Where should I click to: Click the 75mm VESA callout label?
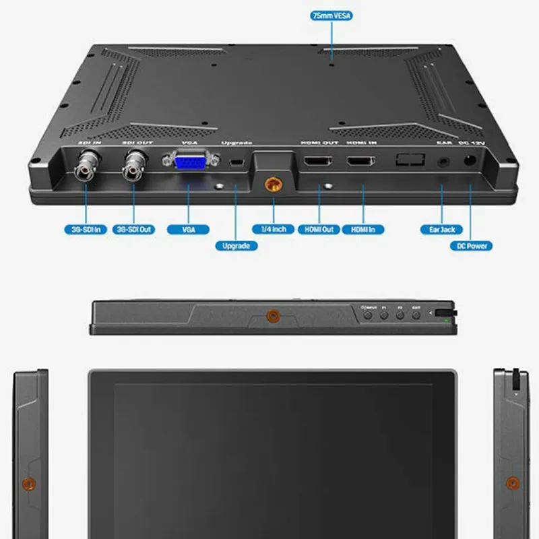pyautogui.click(x=332, y=15)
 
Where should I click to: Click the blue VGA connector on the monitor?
pyautogui.click(x=190, y=163)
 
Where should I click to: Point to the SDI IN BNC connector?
pyautogui.click(x=86, y=165)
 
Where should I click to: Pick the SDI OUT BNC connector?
pyautogui.click(x=134, y=165)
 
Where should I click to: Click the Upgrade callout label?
pyautogui.click(x=236, y=246)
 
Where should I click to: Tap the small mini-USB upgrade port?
pyautogui.click(x=236, y=162)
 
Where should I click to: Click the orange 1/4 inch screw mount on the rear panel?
pyautogui.click(x=274, y=183)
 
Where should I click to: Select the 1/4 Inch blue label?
pyautogui.click(x=274, y=229)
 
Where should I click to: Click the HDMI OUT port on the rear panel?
pyautogui.click(x=319, y=162)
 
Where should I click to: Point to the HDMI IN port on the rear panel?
pyautogui.click(x=361, y=162)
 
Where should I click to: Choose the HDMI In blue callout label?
pyautogui.click(x=364, y=229)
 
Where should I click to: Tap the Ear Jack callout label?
pyautogui.click(x=442, y=229)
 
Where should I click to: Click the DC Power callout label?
pyautogui.click(x=471, y=246)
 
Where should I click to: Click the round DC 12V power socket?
pyautogui.click(x=469, y=161)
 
